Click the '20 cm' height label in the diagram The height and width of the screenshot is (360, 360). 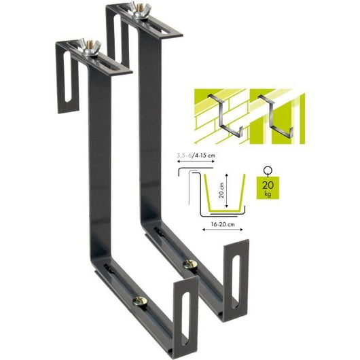(x=223, y=189)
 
